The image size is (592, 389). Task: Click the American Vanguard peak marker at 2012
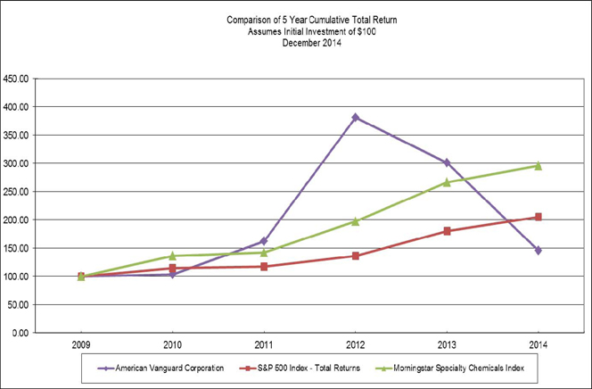click(x=356, y=117)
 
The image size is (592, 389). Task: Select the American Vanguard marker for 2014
click(x=539, y=250)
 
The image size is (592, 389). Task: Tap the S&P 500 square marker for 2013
click(x=447, y=231)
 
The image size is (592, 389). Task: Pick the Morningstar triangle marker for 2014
click(x=539, y=165)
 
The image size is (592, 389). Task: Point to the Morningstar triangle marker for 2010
click(x=173, y=255)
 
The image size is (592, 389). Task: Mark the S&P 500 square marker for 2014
click(x=539, y=217)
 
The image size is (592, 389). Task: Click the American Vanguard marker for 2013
click(x=447, y=162)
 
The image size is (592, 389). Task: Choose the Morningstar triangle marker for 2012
click(x=356, y=220)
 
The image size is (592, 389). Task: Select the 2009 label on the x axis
click(x=81, y=344)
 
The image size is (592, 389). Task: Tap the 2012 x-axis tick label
click(x=356, y=344)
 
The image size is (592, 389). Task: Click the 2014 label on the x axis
click(x=539, y=344)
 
